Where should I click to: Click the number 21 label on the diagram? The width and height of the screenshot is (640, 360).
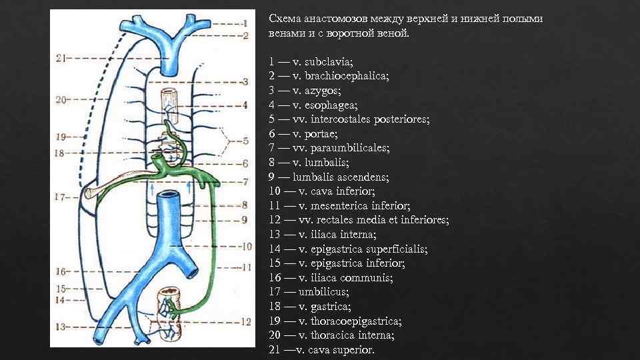pos(59,58)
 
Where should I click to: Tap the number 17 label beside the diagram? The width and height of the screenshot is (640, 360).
pos(59,197)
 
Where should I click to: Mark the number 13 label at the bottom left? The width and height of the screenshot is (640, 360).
pos(59,327)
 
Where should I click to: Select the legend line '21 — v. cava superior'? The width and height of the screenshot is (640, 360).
pos(321,350)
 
